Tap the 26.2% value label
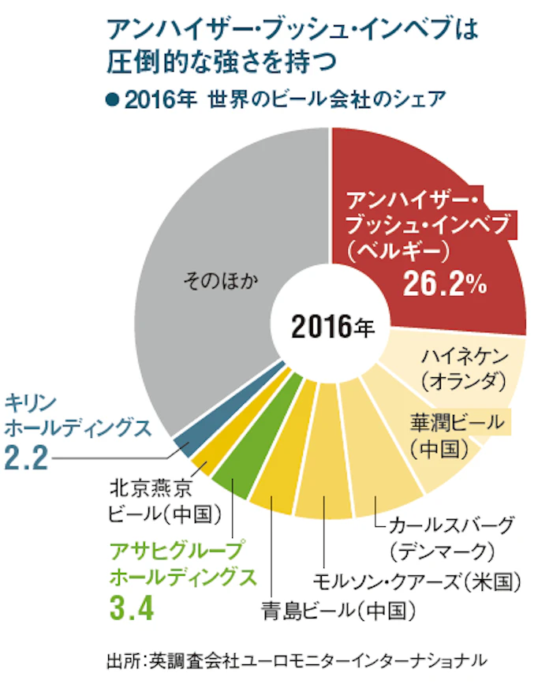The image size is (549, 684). point(444,285)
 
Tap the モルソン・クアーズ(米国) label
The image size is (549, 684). point(417,582)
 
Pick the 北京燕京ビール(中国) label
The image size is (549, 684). point(162,502)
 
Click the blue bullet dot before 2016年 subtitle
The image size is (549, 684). point(111,101)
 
